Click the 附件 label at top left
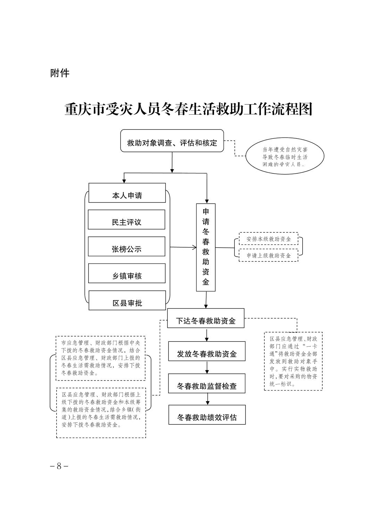(x=60, y=73)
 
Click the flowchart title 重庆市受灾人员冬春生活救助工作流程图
(x=189, y=109)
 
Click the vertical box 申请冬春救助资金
(x=206, y=247)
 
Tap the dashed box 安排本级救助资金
(x=268, y=239)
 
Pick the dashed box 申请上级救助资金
(x=268, y=255)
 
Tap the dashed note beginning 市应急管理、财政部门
(x=101, y=358)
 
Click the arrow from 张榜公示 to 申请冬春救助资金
(x=183, y=247)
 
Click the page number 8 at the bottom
(x=59, y=466)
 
